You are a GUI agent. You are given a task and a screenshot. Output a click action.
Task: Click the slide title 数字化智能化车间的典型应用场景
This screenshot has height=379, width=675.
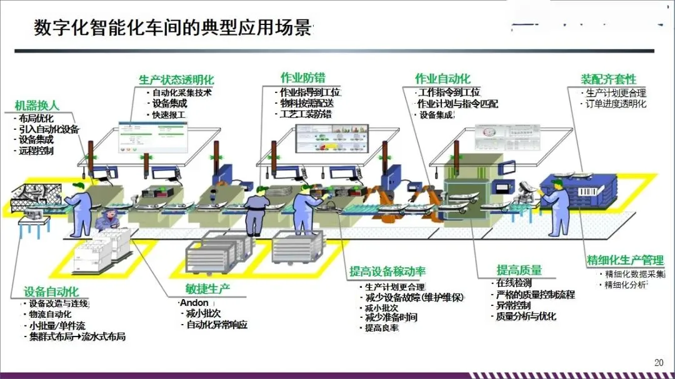point(172,29)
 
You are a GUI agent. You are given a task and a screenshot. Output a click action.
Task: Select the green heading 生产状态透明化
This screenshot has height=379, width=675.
point(176,80)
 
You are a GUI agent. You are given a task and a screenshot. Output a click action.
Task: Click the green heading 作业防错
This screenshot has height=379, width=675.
point(302,77)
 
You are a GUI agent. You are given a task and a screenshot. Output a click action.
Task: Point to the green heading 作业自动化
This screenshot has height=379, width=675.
point(442,79)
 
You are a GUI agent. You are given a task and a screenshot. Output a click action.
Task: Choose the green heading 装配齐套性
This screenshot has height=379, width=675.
point(608,79)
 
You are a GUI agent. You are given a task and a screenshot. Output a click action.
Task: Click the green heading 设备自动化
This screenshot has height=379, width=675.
point(51,292)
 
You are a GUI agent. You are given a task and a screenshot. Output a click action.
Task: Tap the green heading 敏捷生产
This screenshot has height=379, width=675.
point(207,288)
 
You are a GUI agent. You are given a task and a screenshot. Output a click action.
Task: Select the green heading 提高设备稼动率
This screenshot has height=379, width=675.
point(387,272)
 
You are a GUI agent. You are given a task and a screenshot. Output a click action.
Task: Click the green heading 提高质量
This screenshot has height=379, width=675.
point(519,270)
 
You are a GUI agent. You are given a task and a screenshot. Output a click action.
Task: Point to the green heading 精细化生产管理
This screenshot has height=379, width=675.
point(624,260)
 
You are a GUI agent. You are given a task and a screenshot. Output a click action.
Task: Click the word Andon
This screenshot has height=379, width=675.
point(194,303)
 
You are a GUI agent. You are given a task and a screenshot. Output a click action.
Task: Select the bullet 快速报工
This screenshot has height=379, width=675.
point(169,115)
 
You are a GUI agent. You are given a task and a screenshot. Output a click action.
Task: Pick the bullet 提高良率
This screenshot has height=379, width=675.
point(382,328)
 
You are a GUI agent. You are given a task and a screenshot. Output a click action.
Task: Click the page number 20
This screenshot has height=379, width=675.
point(658,362)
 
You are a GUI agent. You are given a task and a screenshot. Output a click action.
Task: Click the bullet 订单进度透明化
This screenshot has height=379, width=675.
point(615,104)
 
